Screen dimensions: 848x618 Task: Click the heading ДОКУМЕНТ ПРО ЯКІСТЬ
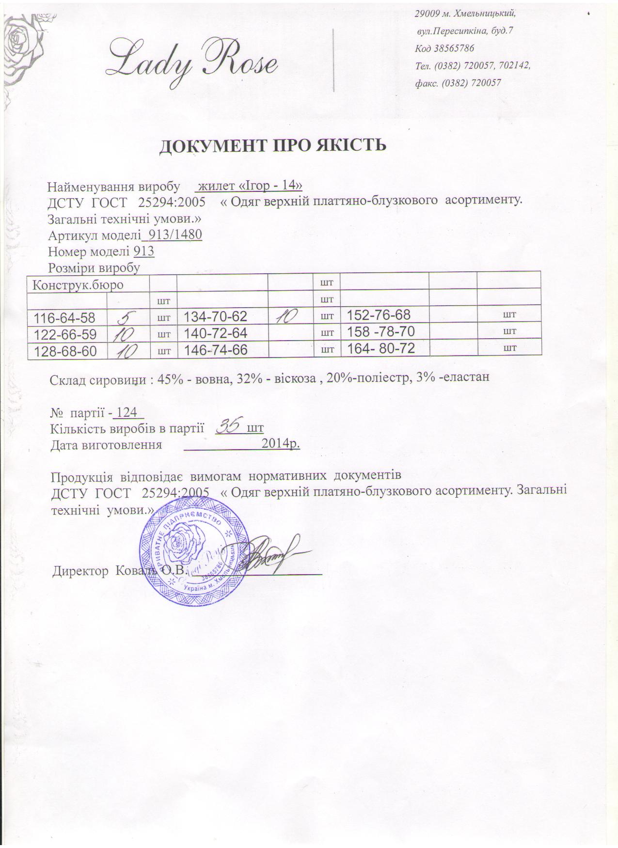tap(273, 145)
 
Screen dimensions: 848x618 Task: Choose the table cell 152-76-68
tap(379, 315)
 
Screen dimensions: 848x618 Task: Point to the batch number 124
tap(127, 413)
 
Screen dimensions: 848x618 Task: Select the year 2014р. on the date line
tap(280, 443)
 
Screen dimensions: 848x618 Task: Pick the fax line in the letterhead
tap(458, 83)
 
